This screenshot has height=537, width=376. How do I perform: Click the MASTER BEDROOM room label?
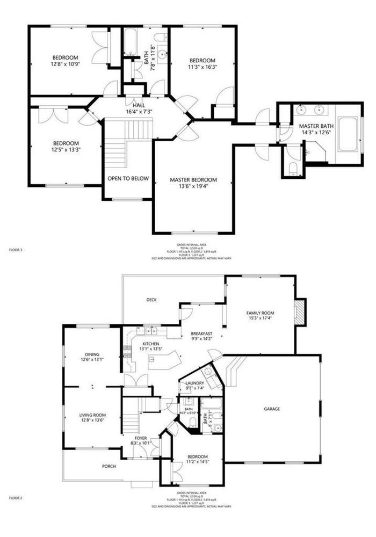[x=193, y=179]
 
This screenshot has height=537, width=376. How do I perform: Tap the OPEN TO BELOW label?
[x=128, y=178]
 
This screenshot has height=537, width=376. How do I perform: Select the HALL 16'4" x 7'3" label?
[x=139, y=108]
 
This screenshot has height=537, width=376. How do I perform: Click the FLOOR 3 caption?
[x=16, y=250]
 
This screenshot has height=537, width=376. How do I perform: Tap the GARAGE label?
[x=272, y=409]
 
